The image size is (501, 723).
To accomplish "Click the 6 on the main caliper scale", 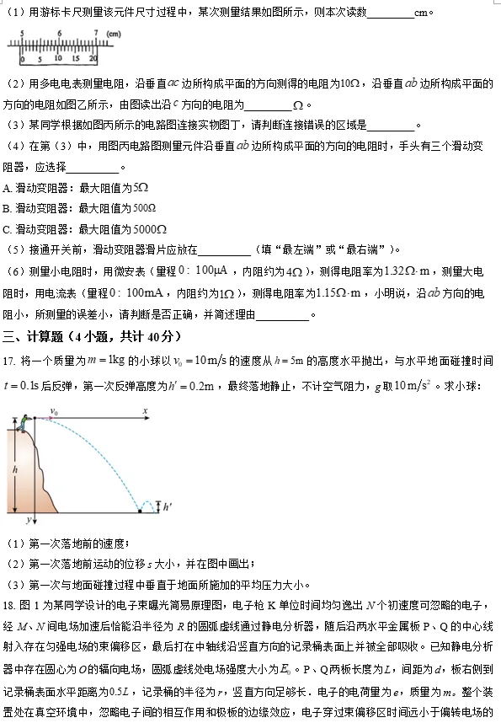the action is [x=60, y=34].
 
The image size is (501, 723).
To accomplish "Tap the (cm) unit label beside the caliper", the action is [x=114, y=34].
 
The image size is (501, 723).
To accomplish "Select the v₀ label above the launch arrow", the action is [x=54, y=411].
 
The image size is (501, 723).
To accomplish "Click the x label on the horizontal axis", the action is [x=145, y=411].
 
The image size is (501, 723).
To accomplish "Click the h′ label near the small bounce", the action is [x=166, y=506].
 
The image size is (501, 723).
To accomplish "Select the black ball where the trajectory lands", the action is [x=139, y=511].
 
